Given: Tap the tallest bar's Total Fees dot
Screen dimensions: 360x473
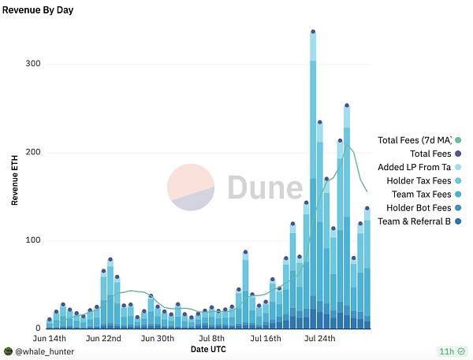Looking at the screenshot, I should click(x=313, y=32).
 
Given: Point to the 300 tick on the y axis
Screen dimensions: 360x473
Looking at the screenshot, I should click(x=32, y=64).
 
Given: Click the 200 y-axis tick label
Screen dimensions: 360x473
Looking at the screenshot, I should click(x=32, y=152).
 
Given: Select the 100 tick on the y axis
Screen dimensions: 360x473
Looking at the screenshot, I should click(x=32, y=240).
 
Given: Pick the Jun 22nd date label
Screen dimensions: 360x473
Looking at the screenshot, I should click(x=103, y=338).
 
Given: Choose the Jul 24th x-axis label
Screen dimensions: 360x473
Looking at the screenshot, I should click(x=319, y=338).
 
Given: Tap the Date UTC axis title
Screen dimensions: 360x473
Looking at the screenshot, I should click(x=212, y=348).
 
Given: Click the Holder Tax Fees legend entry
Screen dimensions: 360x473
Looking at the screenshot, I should click(x=419, y=180).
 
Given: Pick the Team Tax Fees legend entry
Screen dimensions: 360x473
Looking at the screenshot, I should click(x=421, y=194).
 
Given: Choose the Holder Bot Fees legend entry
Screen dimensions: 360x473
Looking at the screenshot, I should click(x=419, y=207).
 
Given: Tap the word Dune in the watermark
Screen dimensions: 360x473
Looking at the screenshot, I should click(x=265, y=188).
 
